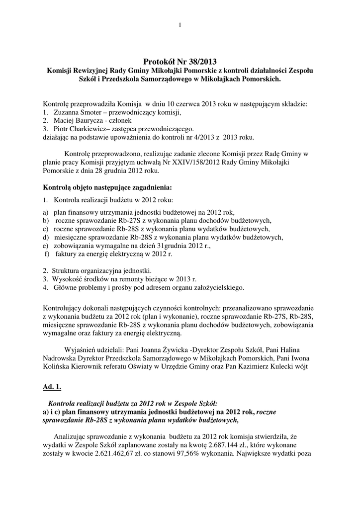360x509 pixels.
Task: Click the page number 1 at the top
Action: click(x=180, y=25)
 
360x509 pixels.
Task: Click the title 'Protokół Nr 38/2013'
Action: click(x=180, y=62)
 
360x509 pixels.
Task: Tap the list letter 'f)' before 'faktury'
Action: click(x=47, y=254)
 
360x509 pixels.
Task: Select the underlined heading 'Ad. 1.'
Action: click(x=52, y=386)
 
